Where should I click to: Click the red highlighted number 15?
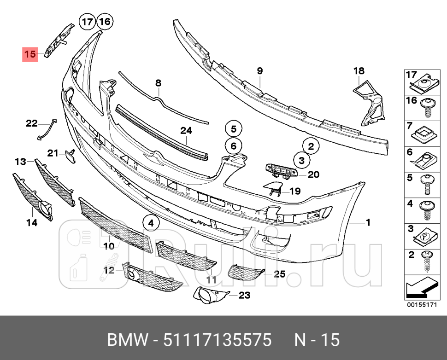30,54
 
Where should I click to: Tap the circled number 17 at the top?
88,22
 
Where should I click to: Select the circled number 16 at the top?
105,22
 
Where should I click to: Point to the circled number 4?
151,223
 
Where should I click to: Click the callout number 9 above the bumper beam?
260,70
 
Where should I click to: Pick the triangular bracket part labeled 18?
369,103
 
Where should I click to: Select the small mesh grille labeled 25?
246,272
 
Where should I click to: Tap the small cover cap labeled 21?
70,156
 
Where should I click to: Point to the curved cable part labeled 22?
46,130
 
